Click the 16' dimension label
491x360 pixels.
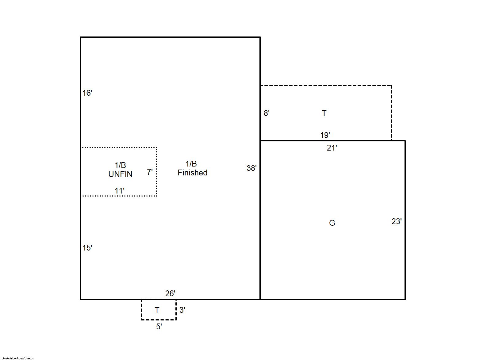click(87, 93)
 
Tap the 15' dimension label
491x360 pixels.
click(87, 248)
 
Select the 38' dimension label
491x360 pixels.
click(251, 168)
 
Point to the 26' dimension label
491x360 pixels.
click(170, 293)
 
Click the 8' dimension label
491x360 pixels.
click(267, 113)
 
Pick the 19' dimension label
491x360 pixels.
click(325, 135)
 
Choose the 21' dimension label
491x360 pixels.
click(332, 148)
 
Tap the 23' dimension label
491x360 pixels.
click(397, 221)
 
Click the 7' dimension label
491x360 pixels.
click(150, 172)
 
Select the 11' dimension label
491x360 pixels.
click(120, 191)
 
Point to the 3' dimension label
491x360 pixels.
click(182, 310)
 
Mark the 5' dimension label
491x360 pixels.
click(159, 327)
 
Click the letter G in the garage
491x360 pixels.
click(332, 223)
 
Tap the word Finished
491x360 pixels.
click(193, 173)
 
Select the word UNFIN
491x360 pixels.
click(120, 174)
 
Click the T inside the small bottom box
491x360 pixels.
click(157, 310)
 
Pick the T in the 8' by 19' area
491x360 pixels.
click(324, 113)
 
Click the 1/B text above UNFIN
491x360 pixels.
click(120, 165)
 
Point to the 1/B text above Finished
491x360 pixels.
click(191, 164)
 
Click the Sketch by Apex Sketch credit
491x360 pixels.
click(18, 358)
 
